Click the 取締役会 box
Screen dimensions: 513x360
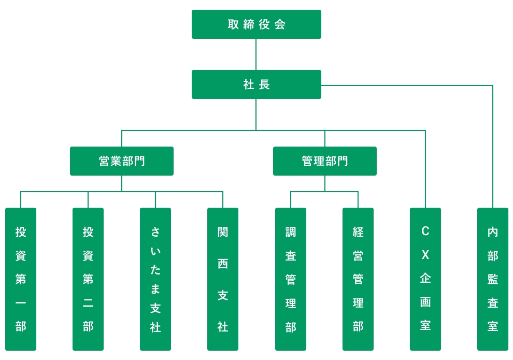(x=256, y=24)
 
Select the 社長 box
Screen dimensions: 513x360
(x=256, y=84)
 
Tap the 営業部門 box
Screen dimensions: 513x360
(x=122, y=161)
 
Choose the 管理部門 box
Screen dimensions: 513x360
(x=325, y=161)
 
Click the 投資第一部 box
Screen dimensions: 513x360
(x=21, y=279)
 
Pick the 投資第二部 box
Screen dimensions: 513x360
(x=88, y=279)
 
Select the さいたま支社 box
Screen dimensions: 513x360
(x=155, y=279)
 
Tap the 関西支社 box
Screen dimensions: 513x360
(x=223, y=279)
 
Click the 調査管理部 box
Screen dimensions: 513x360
(x=291, y=279)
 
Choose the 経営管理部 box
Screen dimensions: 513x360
(x=358, y=279)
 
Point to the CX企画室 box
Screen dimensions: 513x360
(x=425, y=279)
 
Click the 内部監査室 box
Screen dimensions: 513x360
(x=493, y=279)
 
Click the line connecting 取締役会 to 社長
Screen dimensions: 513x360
(x=256, y=54)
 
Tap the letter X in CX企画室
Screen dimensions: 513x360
(x=425, y=255)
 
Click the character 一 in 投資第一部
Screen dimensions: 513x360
(x=21, y=303)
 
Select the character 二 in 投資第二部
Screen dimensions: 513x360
(x=88, y=303)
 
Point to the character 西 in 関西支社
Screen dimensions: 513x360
(x=223, y=264)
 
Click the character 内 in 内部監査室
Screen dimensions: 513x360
(x=493, y=232)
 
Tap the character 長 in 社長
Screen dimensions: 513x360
(x=264, y=84)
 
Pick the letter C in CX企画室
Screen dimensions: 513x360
(x=425, y=231)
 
